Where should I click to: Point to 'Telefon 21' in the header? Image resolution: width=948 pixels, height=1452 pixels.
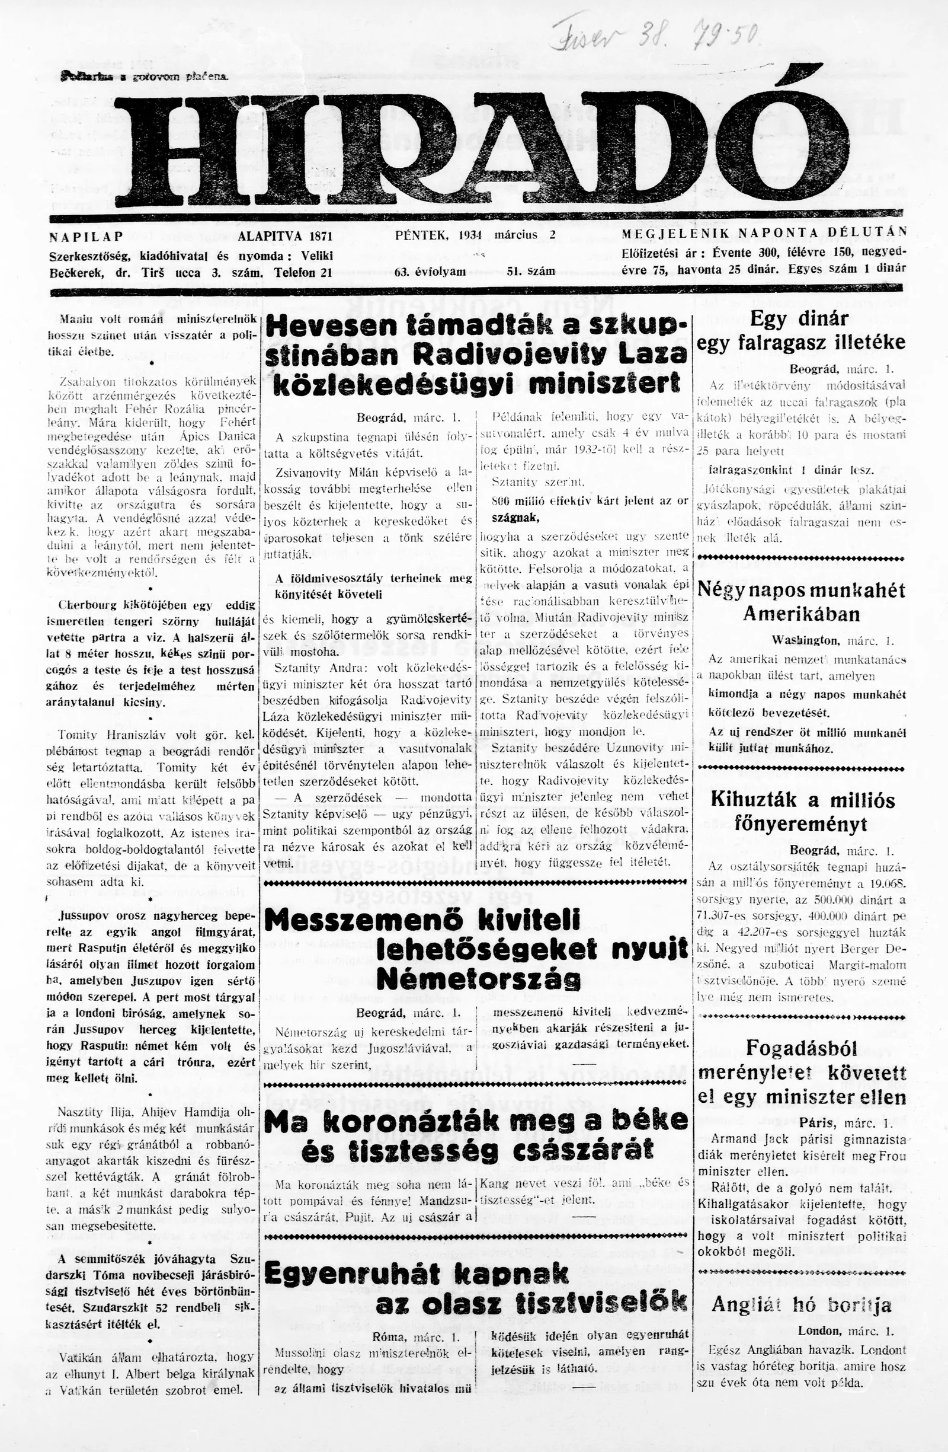302,273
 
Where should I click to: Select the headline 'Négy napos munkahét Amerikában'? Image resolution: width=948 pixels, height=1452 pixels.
800,602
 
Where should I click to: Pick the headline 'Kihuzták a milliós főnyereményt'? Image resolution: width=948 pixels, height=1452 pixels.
802,812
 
